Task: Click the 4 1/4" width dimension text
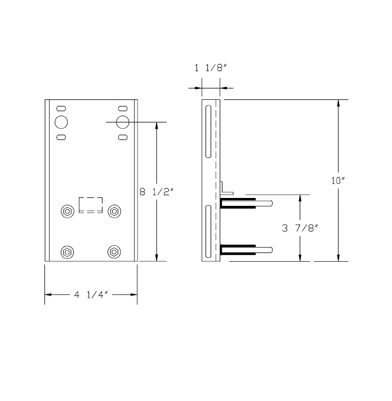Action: click(91, 295)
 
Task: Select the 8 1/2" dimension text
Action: click(157, 192)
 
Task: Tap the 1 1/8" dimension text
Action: click(211, 68)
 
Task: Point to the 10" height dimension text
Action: click(338, 181)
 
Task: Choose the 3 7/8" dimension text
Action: click(300, 228)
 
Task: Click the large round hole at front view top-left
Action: click(61, 122)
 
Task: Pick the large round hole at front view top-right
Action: click(123, 122)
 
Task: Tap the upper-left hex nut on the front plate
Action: click(68, 211)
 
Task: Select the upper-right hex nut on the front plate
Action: click(114, 211)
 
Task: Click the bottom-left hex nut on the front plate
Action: click(68, 252)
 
